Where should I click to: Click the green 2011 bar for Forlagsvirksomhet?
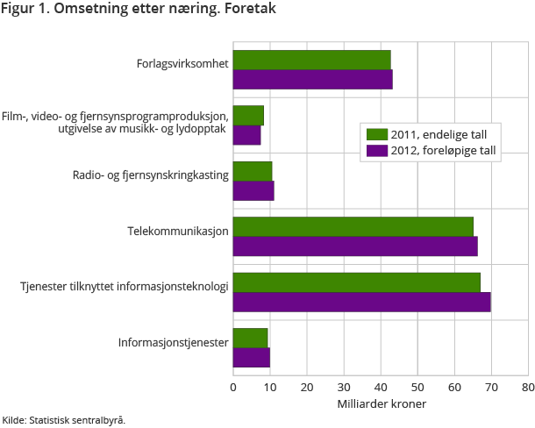[311, 61]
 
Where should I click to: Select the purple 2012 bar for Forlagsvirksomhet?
[312, 79]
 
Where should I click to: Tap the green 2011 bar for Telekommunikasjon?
[353, 226]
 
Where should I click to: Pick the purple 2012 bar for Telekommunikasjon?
[355, 246]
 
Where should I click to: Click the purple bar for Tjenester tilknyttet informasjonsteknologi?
[361, 302]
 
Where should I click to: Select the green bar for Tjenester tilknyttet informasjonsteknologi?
[356, 282]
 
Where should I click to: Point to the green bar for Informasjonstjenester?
[250, 338]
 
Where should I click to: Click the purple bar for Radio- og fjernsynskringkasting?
[253, 190]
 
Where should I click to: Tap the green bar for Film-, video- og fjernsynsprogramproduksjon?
[248, 116]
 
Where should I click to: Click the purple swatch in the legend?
[377, 151]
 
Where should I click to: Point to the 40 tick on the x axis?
[380, 384]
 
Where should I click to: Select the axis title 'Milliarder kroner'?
[381, 403]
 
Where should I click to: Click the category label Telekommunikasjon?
[178, 231]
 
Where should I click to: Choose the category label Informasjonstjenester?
[174, 342]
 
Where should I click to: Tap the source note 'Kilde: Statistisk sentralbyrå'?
[64, 420]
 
